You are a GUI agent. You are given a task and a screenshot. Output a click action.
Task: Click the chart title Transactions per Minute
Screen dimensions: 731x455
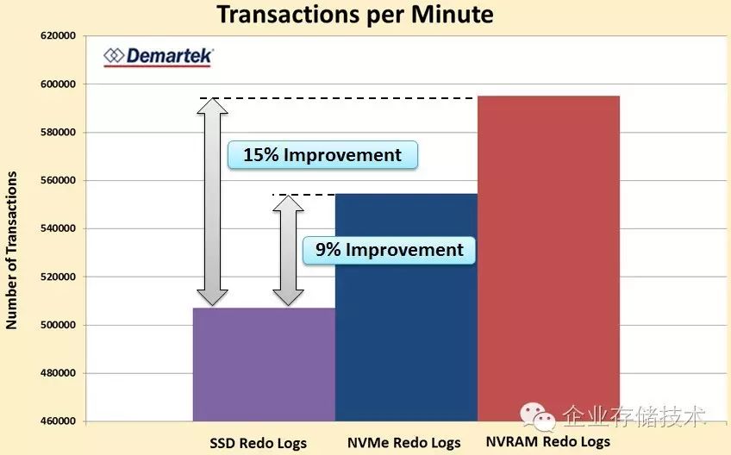click(x=355, y=15)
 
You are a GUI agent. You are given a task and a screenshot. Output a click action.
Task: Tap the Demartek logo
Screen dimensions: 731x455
click(x=159, y=57)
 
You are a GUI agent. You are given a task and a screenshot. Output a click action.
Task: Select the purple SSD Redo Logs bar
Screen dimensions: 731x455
click(x=264, y=365)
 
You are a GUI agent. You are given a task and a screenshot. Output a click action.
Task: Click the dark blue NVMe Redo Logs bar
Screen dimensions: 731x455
click(x=406, y=308)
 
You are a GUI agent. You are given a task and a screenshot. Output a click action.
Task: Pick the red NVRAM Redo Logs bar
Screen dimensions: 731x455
click(x=548, y=259)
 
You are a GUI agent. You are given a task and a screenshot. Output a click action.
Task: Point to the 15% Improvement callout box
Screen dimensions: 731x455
click(x=322, y=155)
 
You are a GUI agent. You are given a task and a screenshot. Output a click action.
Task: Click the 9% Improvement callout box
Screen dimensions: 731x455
click(x=390, y=251)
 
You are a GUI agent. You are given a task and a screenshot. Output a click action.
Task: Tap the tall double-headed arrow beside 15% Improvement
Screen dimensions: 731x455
click(x=212, y=202)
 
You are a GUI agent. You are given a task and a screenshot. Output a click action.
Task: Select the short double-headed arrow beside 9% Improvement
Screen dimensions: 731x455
click(x=288, y=251)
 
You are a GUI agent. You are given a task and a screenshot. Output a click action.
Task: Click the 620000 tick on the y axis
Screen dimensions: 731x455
click(x=59, y=36)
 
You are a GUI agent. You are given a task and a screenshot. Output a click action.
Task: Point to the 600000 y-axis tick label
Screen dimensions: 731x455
click(x=59, y=84)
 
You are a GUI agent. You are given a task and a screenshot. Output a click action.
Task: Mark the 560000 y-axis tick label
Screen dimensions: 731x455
click(x=59, y=180)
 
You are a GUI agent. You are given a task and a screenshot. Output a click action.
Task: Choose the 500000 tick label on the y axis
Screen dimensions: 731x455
click(x=59, y=325)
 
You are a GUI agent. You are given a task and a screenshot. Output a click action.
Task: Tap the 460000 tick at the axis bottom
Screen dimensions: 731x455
click(x=59, y=421)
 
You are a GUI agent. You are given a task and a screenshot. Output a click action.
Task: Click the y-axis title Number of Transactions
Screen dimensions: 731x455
click(x=11, y=251)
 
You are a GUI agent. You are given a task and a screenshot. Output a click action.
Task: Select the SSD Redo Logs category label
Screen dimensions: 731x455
click(x=258, y=443)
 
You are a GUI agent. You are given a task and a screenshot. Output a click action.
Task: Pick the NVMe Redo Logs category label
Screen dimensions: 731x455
click(x=403, y=442)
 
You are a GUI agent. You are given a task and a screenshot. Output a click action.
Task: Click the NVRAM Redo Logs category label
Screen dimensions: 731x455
click(x=547, y=441)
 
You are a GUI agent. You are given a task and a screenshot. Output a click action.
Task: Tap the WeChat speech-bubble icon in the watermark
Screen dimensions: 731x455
click(x=538, y=416)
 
